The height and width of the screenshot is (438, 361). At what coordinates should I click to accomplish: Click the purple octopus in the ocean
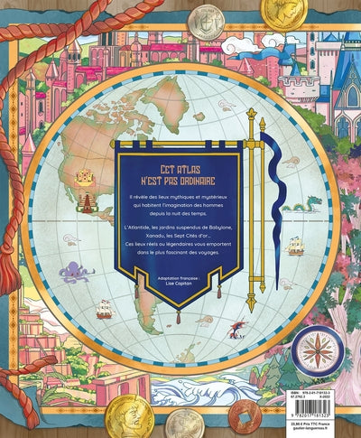71,270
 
